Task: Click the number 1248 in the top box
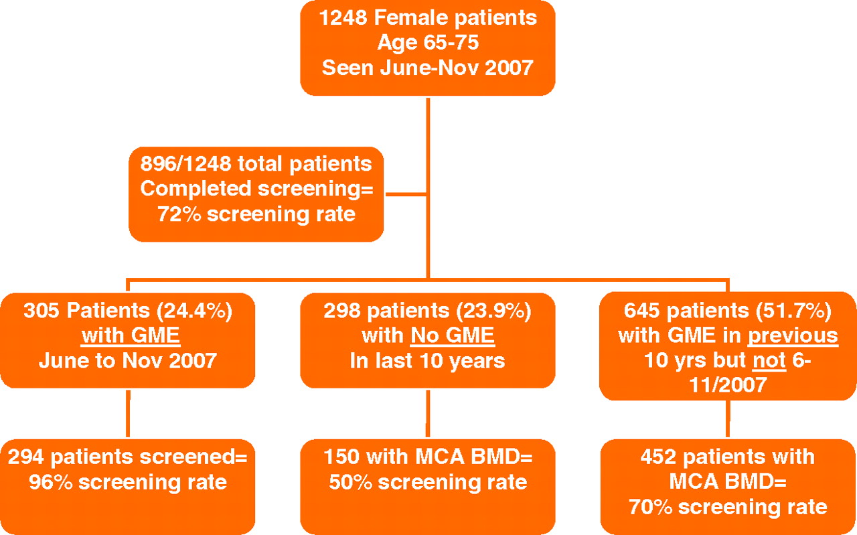(x=343, y=17)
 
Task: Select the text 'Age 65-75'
(x=428, y=42)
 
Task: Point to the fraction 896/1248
(x=186, y=164)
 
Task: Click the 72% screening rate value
(x=179, y=214)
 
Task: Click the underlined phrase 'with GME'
(x=131, y=335)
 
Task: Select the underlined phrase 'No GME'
(x=453, y=335)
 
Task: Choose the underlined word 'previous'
(x=793, y=335)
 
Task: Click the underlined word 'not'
(x=769, y=360)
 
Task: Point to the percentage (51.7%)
(x=793, y=311)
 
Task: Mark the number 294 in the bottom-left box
(x=25, y=457)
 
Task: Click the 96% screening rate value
(x=51, y=482)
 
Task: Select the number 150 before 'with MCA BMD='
(x=341, y=457)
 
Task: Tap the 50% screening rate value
(x=351, y=482)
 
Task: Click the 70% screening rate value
(x=651, y=508)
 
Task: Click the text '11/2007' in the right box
(x=728, y=384)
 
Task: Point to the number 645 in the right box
(x=642, y=311)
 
